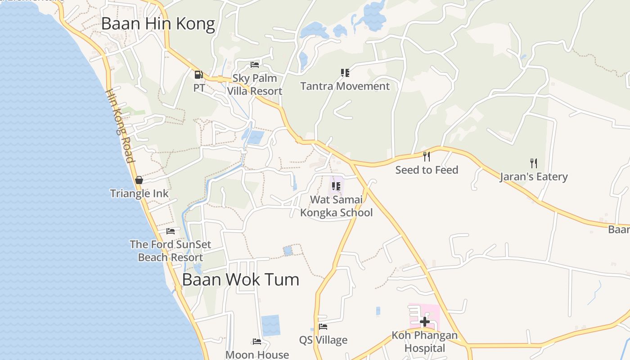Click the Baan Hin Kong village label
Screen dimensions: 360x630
point(158,24)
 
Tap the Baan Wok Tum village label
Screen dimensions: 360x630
point(240,279)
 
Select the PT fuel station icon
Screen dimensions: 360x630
point(198,75)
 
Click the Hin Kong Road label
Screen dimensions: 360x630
point(120,126)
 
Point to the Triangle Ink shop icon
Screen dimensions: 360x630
point(139,180)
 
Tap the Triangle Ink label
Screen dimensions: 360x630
point(139,193)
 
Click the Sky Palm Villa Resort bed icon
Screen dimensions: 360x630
point(255,65)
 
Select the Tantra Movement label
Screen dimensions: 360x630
point(345,86)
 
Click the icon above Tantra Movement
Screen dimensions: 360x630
point(345,72)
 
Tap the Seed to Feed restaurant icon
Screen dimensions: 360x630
point(427,156)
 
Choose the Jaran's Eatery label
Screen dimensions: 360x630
point(534,176)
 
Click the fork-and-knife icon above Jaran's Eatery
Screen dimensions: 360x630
point(534,163)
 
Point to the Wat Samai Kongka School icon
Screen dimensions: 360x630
point(336,186)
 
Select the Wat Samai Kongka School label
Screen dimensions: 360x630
point(337,206)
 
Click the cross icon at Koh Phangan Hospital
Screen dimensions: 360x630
point(424,321)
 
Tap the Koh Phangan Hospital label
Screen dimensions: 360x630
point(424,342)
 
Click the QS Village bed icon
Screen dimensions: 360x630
point(323,327)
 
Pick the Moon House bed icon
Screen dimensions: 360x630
point(257,342)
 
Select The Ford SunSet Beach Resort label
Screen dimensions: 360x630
point(171,251)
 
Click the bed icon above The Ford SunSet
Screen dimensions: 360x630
point(171,231)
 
